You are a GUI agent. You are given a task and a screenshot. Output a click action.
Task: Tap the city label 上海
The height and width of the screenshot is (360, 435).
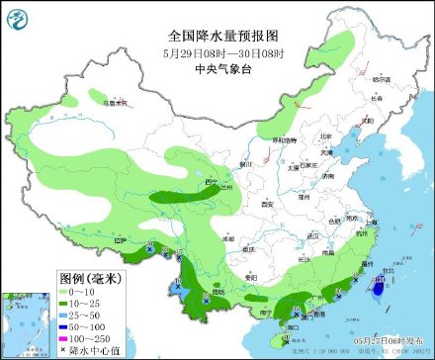click(x=369, y=224)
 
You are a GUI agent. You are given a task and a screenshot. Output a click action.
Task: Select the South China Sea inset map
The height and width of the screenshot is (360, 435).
click(x=24, y=322)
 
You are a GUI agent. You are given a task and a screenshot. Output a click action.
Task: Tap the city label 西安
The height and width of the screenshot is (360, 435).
click(x=265, y=204)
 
